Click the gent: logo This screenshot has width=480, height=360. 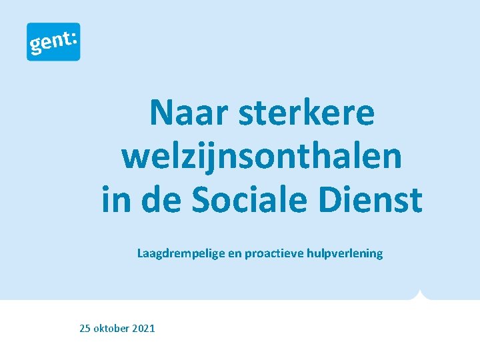click(53, 41)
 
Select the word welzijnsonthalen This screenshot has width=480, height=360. click(262, 156)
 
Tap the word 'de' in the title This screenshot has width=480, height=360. click(161, 199)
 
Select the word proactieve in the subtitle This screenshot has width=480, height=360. click(274, 253)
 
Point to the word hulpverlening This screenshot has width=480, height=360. click(345, 253)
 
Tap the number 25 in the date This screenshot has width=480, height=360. click(85, 328)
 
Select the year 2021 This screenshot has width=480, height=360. click(144, 328)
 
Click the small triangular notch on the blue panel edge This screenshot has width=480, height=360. click(419, 295)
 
